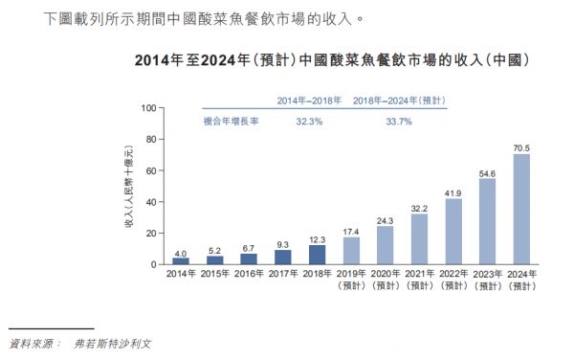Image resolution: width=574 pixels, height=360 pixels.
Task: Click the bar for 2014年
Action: click(x=181, y=260)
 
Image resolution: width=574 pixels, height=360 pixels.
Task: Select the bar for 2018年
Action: click(x=318, y=255)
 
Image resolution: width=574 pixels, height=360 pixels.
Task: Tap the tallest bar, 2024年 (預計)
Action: click(x=522, y=209)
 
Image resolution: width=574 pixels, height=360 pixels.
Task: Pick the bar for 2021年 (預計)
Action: click(x=420, y=239)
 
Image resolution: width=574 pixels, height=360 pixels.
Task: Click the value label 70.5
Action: click(x=522, y=147)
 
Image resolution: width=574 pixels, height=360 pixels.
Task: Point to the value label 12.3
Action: click(x=318, y=238)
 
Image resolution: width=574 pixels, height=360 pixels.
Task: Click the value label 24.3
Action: click(x=386, y=219)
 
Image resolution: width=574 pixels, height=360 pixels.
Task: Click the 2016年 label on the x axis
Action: click(x=249, y=275)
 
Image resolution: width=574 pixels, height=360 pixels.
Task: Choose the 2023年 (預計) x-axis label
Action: click(x=488, y=281)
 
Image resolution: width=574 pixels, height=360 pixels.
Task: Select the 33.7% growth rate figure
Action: click(x=399, y=122)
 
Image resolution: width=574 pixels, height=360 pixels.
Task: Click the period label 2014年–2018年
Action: click(x=309, y=101)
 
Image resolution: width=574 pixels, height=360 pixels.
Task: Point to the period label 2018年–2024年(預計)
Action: click(x=400, y=101)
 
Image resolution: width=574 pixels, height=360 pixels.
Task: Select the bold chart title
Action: click(x=334, y=60)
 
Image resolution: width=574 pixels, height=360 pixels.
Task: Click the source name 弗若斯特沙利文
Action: click(x=118, y=342)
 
